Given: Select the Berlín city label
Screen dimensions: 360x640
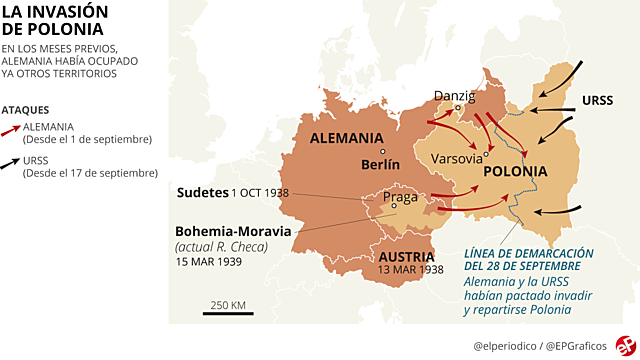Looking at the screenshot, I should [380, 164].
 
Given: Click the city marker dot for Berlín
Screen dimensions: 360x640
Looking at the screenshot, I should [365, 152].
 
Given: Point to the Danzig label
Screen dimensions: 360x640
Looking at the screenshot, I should [453, 96].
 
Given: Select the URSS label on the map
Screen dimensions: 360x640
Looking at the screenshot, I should [597, 101].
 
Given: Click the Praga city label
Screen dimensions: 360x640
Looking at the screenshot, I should [400, 197].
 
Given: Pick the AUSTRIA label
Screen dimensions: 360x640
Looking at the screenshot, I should [405, 256].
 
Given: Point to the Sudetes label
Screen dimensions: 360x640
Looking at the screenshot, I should [202, 192].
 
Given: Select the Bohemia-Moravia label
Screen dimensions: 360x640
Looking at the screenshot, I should [233, 231].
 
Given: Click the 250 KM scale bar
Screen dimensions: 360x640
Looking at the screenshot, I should [228, 312].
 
